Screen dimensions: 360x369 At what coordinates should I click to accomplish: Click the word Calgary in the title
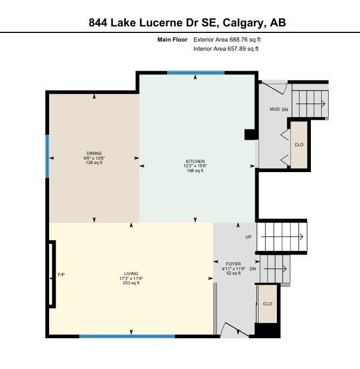tap(244, 23)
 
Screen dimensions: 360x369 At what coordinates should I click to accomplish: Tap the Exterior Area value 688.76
tap(237, 39)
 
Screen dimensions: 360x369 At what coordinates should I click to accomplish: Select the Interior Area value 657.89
tap(236, 49)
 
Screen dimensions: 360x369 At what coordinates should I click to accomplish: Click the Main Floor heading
tap(172, 39)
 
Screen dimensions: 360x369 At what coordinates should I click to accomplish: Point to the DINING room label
tap(94, 153)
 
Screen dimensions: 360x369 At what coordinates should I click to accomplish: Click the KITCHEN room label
tap(195, 161)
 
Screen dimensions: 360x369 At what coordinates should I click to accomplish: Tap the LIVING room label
tap(131, 274)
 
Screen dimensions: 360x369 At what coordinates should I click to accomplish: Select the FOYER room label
tap(233, 264)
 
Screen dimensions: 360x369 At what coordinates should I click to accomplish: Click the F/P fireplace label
tap(61, 275)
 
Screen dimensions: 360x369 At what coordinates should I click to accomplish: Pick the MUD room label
tap(275, 109)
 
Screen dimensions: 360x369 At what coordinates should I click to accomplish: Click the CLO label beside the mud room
tap(299, 145)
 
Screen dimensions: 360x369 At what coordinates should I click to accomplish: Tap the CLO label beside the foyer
tap(268, 304)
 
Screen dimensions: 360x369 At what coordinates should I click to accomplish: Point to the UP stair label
tap(248, 237)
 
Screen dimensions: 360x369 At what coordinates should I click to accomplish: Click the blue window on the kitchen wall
tap(196, 73)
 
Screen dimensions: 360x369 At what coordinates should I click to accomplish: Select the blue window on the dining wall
tap(47, 156)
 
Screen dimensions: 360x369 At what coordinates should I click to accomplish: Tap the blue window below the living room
tap(127, 336)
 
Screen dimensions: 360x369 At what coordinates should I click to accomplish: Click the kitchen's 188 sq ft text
tap(195, 170)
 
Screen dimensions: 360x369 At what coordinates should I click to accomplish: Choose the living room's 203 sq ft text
tap(131, 283)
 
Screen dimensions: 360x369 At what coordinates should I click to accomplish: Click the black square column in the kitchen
tap(250, 135)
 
